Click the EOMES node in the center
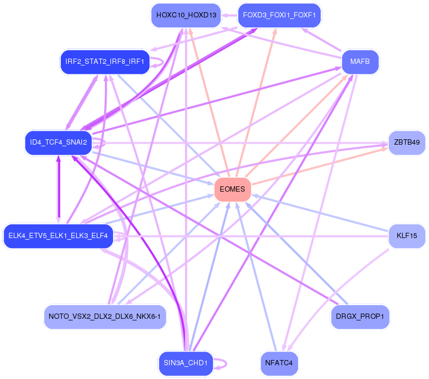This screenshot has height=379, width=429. (232, 189)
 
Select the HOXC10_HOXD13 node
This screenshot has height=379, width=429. (186, 15)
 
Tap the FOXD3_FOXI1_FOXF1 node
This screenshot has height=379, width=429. (279, 15)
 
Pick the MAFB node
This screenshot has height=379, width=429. (360, 62)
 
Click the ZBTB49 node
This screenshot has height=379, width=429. (407, 143)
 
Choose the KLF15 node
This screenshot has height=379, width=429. (407, 235)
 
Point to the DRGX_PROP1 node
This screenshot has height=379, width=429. (360, 317)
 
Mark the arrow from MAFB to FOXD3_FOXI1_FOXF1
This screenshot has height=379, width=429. (322, 40)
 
